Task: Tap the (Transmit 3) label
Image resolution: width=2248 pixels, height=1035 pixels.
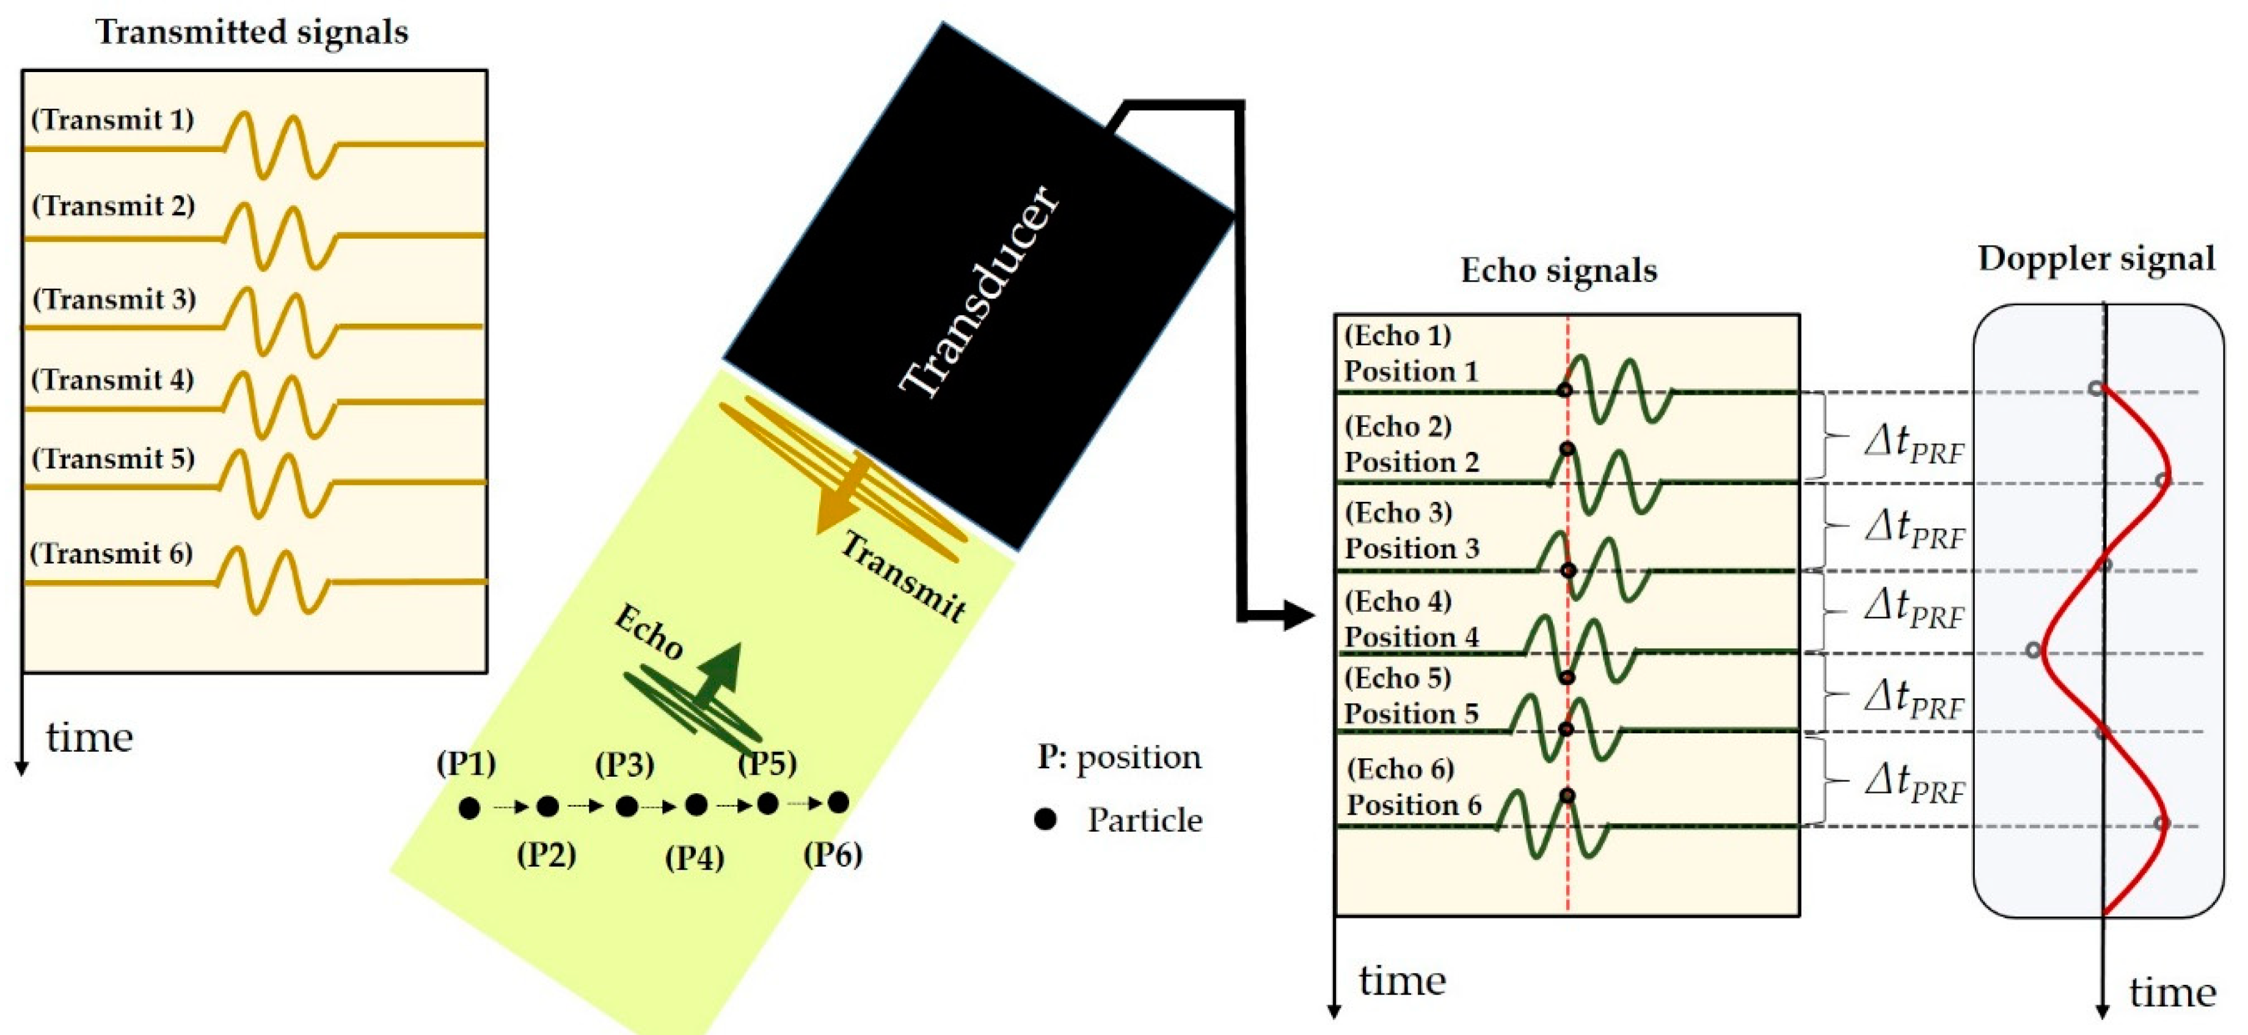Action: pos(114,299)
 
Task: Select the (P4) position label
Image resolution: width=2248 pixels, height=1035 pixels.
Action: pos(695,858)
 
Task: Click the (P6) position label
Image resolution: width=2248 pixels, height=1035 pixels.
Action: pos(833,854)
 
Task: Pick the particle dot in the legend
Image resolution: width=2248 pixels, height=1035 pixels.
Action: pos(1045,819)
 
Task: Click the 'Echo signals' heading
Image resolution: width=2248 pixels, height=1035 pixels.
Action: pos(1558,271)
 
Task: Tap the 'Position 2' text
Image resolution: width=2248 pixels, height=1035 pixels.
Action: pos(1411,462)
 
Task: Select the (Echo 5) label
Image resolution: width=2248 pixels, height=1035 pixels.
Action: pos(1398,678)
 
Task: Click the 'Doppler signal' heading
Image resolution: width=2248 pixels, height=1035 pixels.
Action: pos(2096,259)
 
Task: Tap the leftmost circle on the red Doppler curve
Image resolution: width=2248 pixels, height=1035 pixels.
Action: pos(2034,650)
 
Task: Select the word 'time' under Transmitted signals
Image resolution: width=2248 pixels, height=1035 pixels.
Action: pos(90,738)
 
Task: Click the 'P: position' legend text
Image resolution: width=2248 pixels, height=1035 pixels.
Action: pos(1119,758)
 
